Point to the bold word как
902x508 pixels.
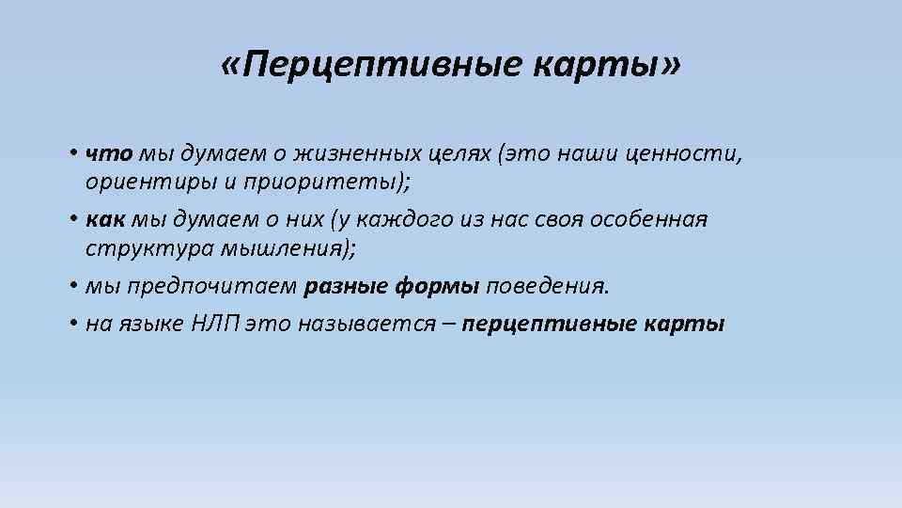tap(102, 220)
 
